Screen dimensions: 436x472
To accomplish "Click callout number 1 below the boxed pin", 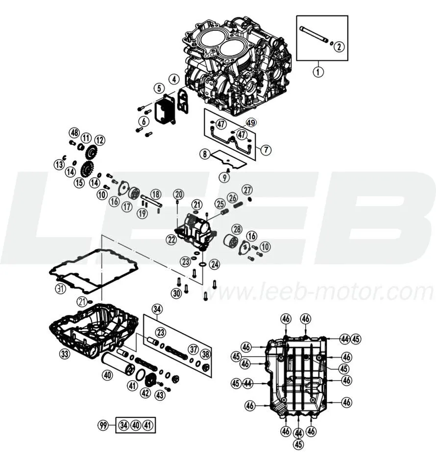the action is coord(318,72).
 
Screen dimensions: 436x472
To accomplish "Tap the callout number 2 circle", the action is coord(339,47).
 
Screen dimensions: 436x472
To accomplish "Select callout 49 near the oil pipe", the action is coord(251,123).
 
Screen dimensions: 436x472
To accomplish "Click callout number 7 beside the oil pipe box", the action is coord(266,149).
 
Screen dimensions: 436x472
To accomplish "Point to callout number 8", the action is coord(205,154).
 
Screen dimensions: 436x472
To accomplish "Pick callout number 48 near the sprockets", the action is coord(74,133).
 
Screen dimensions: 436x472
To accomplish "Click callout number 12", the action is coord(99,140).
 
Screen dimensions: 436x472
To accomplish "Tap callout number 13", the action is coord(59,164).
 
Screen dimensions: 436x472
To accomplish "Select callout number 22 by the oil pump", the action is coord(171,239).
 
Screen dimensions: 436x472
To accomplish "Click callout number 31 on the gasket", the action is coord(60,289).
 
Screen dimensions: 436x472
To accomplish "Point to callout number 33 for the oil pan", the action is coord(65,354).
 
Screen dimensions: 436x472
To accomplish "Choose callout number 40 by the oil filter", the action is coord(108,375).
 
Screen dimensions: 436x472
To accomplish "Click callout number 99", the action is coord(103,425).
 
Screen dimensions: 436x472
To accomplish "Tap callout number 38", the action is coord(206,354).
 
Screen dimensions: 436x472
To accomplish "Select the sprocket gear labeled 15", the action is coord(87,170).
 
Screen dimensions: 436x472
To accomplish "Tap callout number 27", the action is coord(247,190).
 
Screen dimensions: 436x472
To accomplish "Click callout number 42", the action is coord(145,393).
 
